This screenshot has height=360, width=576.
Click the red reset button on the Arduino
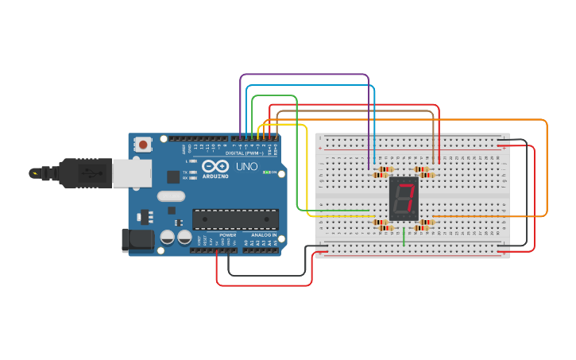(143, 145)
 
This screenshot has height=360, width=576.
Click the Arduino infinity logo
(215, 166)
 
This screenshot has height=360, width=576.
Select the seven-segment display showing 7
(404, 199)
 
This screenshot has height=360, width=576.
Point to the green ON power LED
(268, 172)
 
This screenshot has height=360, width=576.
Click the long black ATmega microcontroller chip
(235, 219)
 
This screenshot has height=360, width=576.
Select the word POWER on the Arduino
(228, 235)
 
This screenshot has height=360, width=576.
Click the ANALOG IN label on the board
(264, 235)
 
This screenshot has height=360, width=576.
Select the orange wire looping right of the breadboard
(547, 167)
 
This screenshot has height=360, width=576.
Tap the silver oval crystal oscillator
(171, 195)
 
